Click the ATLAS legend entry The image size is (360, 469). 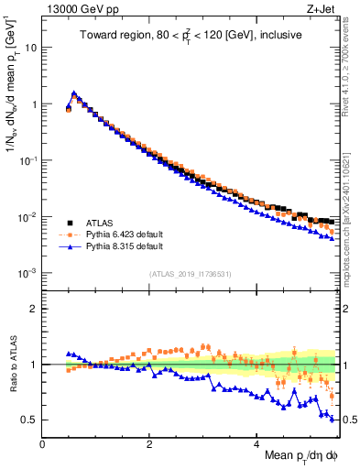tap(100, 223)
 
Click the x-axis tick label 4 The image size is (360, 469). tap(256, 443)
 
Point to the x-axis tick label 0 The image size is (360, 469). tap(42, 443)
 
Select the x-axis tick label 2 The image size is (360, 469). tap(149, 443)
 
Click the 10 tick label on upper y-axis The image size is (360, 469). tap(30, 48)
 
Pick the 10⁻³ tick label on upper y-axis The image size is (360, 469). tap(27, 273)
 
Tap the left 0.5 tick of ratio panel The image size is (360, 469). tap(29, 420)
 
